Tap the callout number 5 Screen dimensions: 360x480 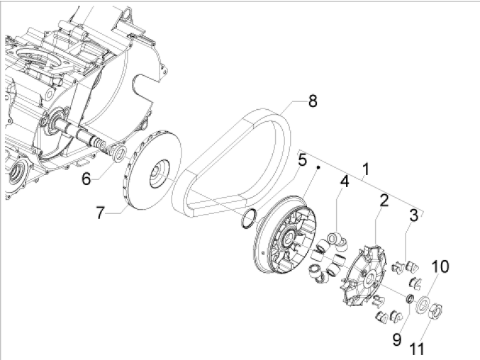(302, 159)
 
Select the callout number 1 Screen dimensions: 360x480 (366, 169)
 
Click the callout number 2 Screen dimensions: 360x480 (384, 201)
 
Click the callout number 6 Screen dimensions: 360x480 (86, 179)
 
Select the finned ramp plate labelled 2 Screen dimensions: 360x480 (364, 280)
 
